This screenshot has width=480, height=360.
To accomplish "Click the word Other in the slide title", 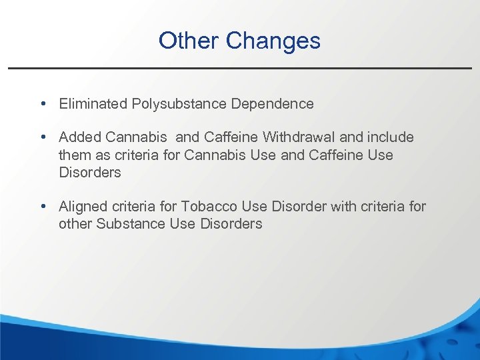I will coord(189,41).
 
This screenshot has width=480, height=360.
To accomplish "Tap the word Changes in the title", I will coord(273,41).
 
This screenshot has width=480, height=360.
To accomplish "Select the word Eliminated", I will coord(93,103).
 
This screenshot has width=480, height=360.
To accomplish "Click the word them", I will coord(73,155).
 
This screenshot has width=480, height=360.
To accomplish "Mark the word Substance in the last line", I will coord(131,224).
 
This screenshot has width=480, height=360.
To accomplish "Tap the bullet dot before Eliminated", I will coord(43,104).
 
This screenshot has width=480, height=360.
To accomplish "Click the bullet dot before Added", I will coord(43,137).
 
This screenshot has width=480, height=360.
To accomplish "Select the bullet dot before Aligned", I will coord(43,207).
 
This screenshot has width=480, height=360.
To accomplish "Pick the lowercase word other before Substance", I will coord(75,224).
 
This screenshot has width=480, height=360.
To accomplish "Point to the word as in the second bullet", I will coord(101,155).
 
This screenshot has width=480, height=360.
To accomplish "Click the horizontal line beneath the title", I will coord(240,68).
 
